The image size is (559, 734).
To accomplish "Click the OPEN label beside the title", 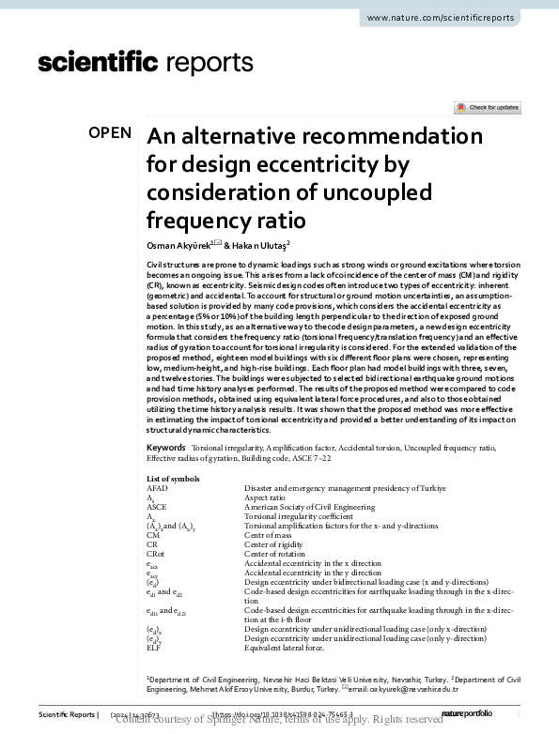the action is (110, 133).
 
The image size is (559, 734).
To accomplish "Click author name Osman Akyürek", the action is (178, 244).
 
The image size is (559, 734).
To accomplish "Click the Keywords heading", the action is (165, 450).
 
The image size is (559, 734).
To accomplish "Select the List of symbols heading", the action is (173, 479).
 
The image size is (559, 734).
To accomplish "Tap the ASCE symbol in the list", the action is (157, 507).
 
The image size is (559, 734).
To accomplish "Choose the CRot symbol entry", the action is (157, 554).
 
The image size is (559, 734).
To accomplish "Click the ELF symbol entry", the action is (155, 648).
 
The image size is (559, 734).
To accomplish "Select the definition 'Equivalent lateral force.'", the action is (285, 648).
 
